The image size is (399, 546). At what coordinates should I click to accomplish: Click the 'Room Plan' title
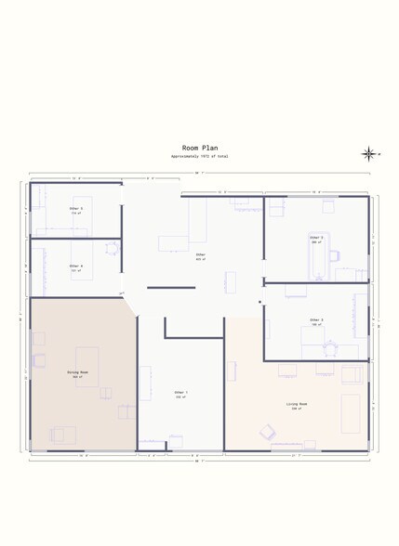pos(199,148)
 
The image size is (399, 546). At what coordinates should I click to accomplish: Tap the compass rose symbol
pos(368,154)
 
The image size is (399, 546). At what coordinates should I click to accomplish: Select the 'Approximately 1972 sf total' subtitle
pos(199,156)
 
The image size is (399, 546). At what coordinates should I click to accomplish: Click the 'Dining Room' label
pos(77,373)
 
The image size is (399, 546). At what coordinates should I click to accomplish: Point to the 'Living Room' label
pos(297,405)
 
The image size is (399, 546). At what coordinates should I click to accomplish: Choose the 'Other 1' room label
pos(180,394)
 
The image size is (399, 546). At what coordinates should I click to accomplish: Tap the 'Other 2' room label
pos(316,239)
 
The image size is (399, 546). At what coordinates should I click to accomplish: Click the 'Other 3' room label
pos(316,321)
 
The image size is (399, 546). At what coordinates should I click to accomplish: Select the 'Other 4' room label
pos(76,267)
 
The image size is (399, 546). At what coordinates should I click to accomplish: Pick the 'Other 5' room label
pos(76,210)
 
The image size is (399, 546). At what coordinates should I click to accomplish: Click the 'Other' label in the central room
pos(200,255)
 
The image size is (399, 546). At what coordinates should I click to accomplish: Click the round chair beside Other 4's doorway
pos(112,248)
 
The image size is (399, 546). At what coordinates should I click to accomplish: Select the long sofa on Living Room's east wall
pos(350,413)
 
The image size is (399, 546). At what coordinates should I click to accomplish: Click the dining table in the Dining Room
pos(87,366)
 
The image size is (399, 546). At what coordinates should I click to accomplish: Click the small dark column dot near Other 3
pos(260,302)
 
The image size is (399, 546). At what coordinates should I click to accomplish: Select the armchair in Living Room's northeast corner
pos(352,374)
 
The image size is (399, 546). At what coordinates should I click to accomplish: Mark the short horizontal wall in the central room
pos(171,288)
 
